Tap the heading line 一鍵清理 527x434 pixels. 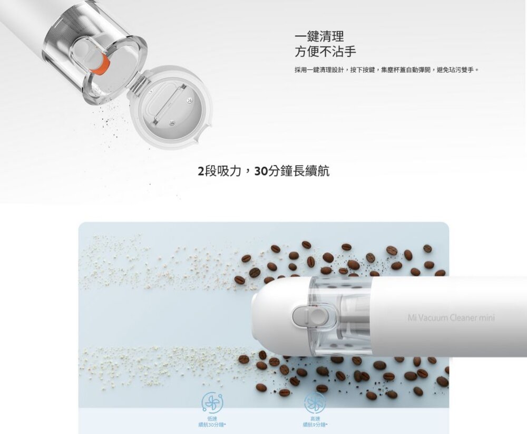pyautogui.click(x=319, y=36)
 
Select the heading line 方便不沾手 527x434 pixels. pyautogui.click(x=325, y=52)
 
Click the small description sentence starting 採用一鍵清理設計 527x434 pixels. pyautogui.click(x=386, y=70)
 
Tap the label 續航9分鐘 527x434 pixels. pyautogui.click(x=315, y=424)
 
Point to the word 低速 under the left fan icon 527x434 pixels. pyautogui.click(x=212, y=418)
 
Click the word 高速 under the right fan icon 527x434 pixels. pyautogui.click(x=315, y=418)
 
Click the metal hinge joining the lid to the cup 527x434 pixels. pyautogui.click(x=134, y=85)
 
